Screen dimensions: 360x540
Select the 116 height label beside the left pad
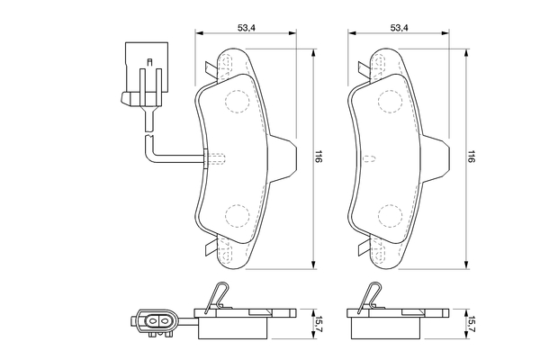pos(319,157)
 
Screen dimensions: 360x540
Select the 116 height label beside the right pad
pos(472,157)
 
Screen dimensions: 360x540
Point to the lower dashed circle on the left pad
pos(237,215)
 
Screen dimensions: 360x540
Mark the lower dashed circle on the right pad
pos(391,215)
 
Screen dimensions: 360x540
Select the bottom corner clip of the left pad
pos(210,247)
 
